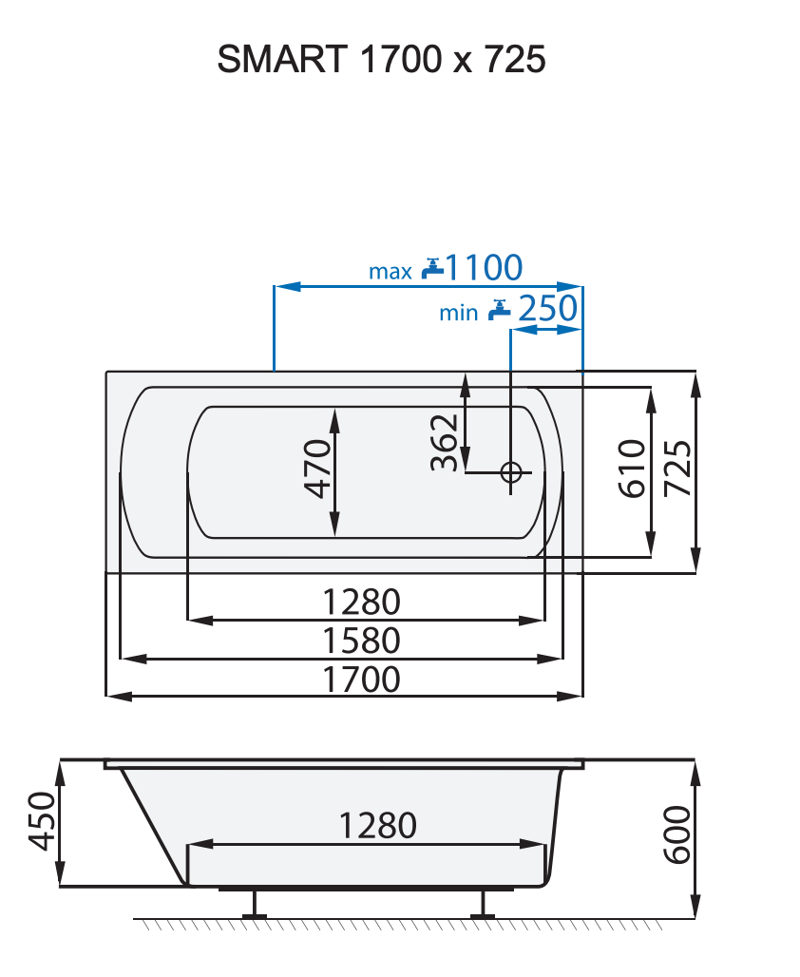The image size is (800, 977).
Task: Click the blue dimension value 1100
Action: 484,268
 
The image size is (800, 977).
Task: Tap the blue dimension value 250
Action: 548,309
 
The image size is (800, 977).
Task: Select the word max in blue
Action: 390,272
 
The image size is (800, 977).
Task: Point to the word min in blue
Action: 458,313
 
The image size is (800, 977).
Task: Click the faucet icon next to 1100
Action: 432,268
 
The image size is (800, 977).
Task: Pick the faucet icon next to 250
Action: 500,309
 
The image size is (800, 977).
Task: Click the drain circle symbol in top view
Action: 511,472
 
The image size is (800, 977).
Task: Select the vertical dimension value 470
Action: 318,469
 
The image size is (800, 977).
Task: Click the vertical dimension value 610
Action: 632,469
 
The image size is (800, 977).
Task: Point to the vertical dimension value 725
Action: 677,469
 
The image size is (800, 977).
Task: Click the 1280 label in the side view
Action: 377,825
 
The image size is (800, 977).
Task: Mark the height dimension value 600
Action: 676,835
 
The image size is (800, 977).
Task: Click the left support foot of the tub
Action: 254,905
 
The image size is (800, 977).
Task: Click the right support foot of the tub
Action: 483,905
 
